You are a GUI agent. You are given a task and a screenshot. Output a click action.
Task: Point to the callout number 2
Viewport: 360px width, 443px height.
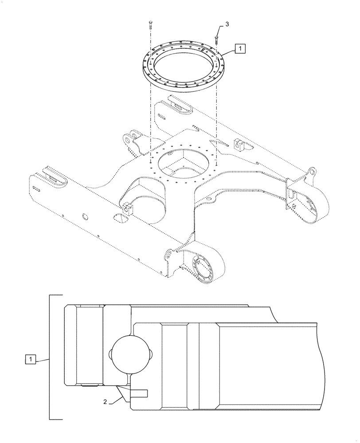coord(105,402)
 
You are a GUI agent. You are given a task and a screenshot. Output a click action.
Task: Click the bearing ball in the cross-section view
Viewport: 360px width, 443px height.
coord(129,355)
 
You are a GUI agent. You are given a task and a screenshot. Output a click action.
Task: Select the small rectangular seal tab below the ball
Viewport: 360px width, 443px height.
coord(140,393)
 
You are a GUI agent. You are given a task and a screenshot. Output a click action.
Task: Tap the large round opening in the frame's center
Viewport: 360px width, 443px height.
coord(184,163)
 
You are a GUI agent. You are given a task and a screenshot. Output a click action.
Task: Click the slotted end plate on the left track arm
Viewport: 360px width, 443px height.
coord(53,175)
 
